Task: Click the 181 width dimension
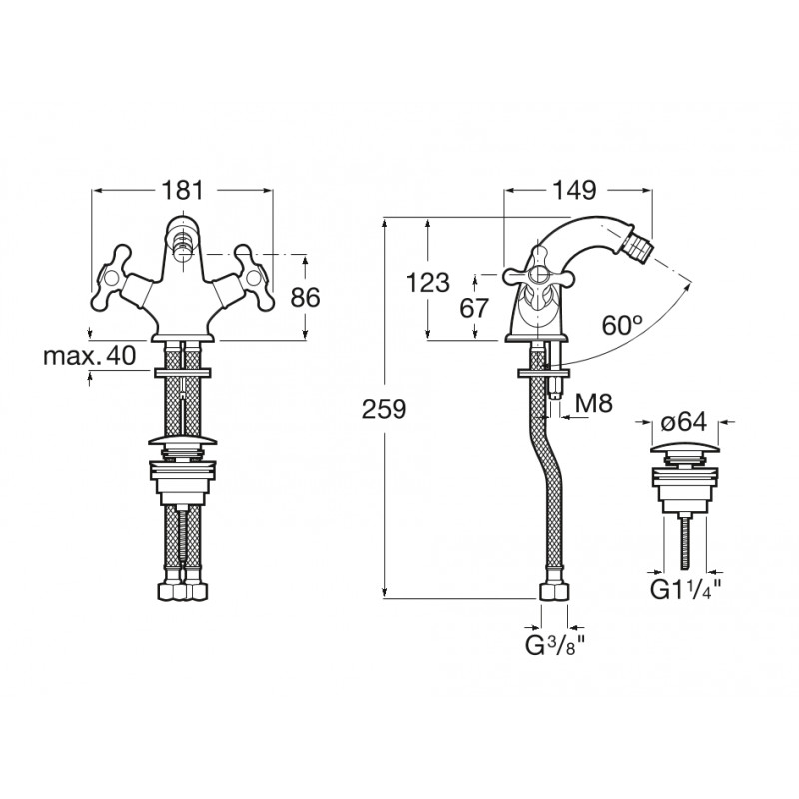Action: pos(182,190)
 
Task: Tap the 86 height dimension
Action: pos(305,297)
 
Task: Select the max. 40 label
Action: pos(90,356)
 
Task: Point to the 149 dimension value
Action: pos(575,190)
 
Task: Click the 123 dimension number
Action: pos(428,282)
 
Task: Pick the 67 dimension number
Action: pos(474,308)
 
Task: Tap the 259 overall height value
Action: pos(384,409)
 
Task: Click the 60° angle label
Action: pos(621,324)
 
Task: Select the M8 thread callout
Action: pos(593,403)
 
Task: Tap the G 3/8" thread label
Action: pos(554,645)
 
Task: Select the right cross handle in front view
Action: pos(253,278)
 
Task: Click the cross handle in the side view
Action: pos(539,277)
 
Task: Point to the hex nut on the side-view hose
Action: pos(554,593)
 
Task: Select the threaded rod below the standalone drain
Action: pos(685,543)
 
